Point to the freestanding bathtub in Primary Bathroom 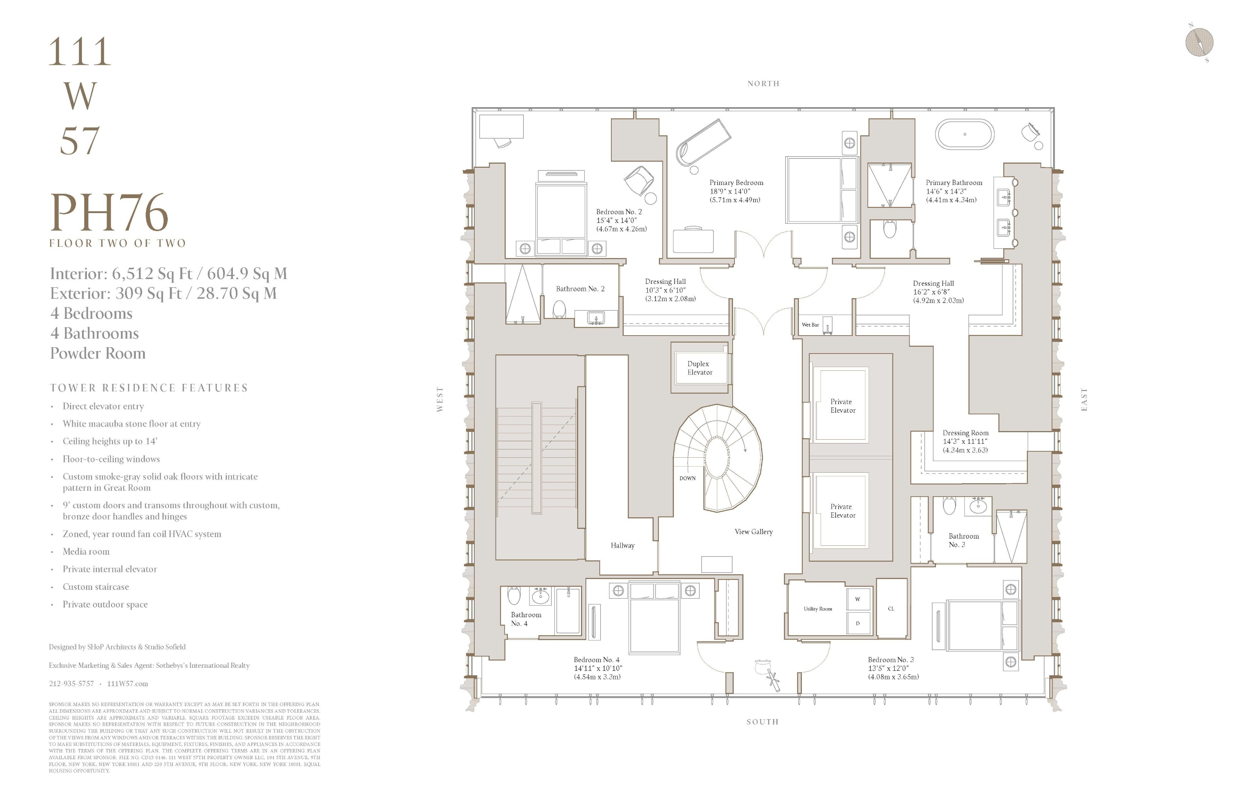point(965,134)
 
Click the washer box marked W point(858,599)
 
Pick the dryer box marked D point(858,623)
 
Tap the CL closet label point(891,609)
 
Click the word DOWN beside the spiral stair point(687,478)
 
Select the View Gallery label point(754,531)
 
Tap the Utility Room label point(818,609)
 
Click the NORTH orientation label point(763,84)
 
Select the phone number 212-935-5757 point(72,683)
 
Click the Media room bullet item point(86,551)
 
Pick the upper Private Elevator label point(843,406)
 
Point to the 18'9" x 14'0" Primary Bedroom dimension point(730,191)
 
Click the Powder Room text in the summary point(97,353)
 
